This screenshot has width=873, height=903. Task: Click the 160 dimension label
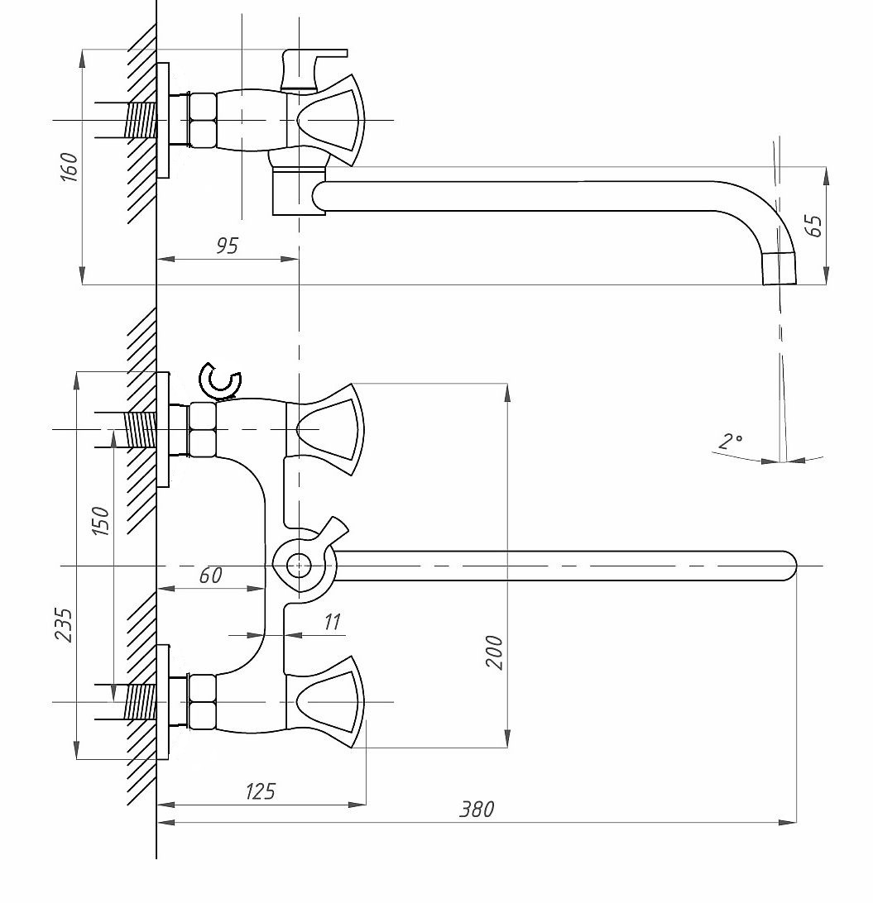click(70, 167)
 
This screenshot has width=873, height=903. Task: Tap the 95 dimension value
click(227, 246)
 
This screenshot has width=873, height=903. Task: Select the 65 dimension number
click(814, 225)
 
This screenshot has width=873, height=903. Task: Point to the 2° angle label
click(730, 441)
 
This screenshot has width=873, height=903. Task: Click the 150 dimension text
click(100, 521)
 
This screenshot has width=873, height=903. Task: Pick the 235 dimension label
click(64, 625)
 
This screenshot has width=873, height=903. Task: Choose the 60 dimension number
click(210, 575)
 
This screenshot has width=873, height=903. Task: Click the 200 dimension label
click(494, 652)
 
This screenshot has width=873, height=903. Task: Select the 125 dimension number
click(261, 791)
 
